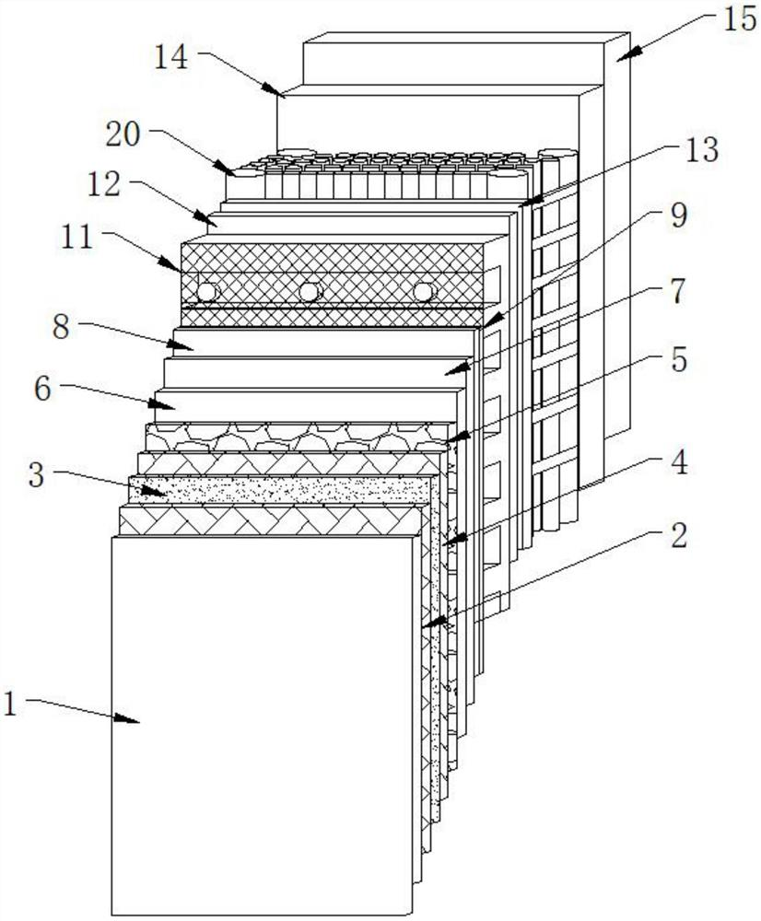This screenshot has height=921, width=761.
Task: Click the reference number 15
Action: click(738, 19)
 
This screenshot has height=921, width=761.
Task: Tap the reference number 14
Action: click(171, 57)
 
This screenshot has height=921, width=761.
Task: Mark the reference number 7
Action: click(676, 290)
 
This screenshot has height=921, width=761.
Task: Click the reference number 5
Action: click(677, 358)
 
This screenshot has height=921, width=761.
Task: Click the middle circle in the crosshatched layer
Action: click(309, 292)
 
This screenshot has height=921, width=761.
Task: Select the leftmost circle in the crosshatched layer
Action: click(207, 292)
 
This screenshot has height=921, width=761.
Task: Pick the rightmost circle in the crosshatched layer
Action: click(423, 291)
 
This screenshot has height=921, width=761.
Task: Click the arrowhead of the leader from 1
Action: click(138, 723)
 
